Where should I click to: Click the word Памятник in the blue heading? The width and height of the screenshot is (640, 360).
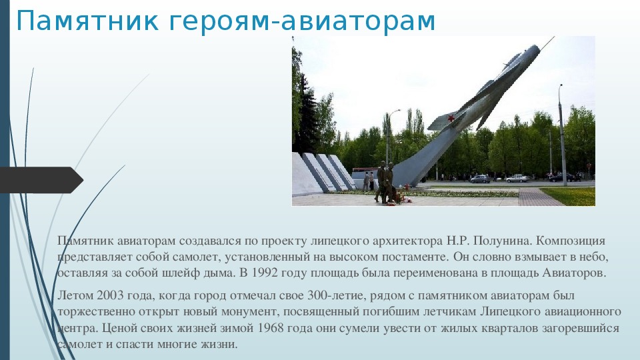[87, 21]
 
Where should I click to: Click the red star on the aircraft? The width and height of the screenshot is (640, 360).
[451, 119]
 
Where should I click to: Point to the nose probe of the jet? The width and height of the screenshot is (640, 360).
[547, 42]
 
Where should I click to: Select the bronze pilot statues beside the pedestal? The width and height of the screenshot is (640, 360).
[385, 182]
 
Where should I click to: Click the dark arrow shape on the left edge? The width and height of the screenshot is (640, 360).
[41, 180]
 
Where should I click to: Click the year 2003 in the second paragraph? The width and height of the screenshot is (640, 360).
[110, 295]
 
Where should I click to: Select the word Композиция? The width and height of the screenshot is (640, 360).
[570, 241]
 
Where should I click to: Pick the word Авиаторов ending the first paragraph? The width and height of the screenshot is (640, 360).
[574, 273]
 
